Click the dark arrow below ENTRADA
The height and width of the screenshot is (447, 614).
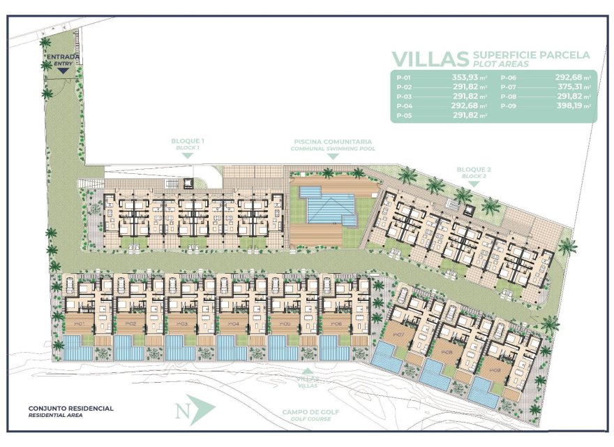(x=63, y=70)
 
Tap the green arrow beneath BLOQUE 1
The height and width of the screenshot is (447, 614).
(x=188, y=156)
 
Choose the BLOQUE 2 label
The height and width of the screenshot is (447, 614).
(x=474, y=170)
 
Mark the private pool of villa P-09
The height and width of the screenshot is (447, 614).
(x=484, y=392)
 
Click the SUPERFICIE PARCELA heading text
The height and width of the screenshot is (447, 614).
(x=531, y=54)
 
